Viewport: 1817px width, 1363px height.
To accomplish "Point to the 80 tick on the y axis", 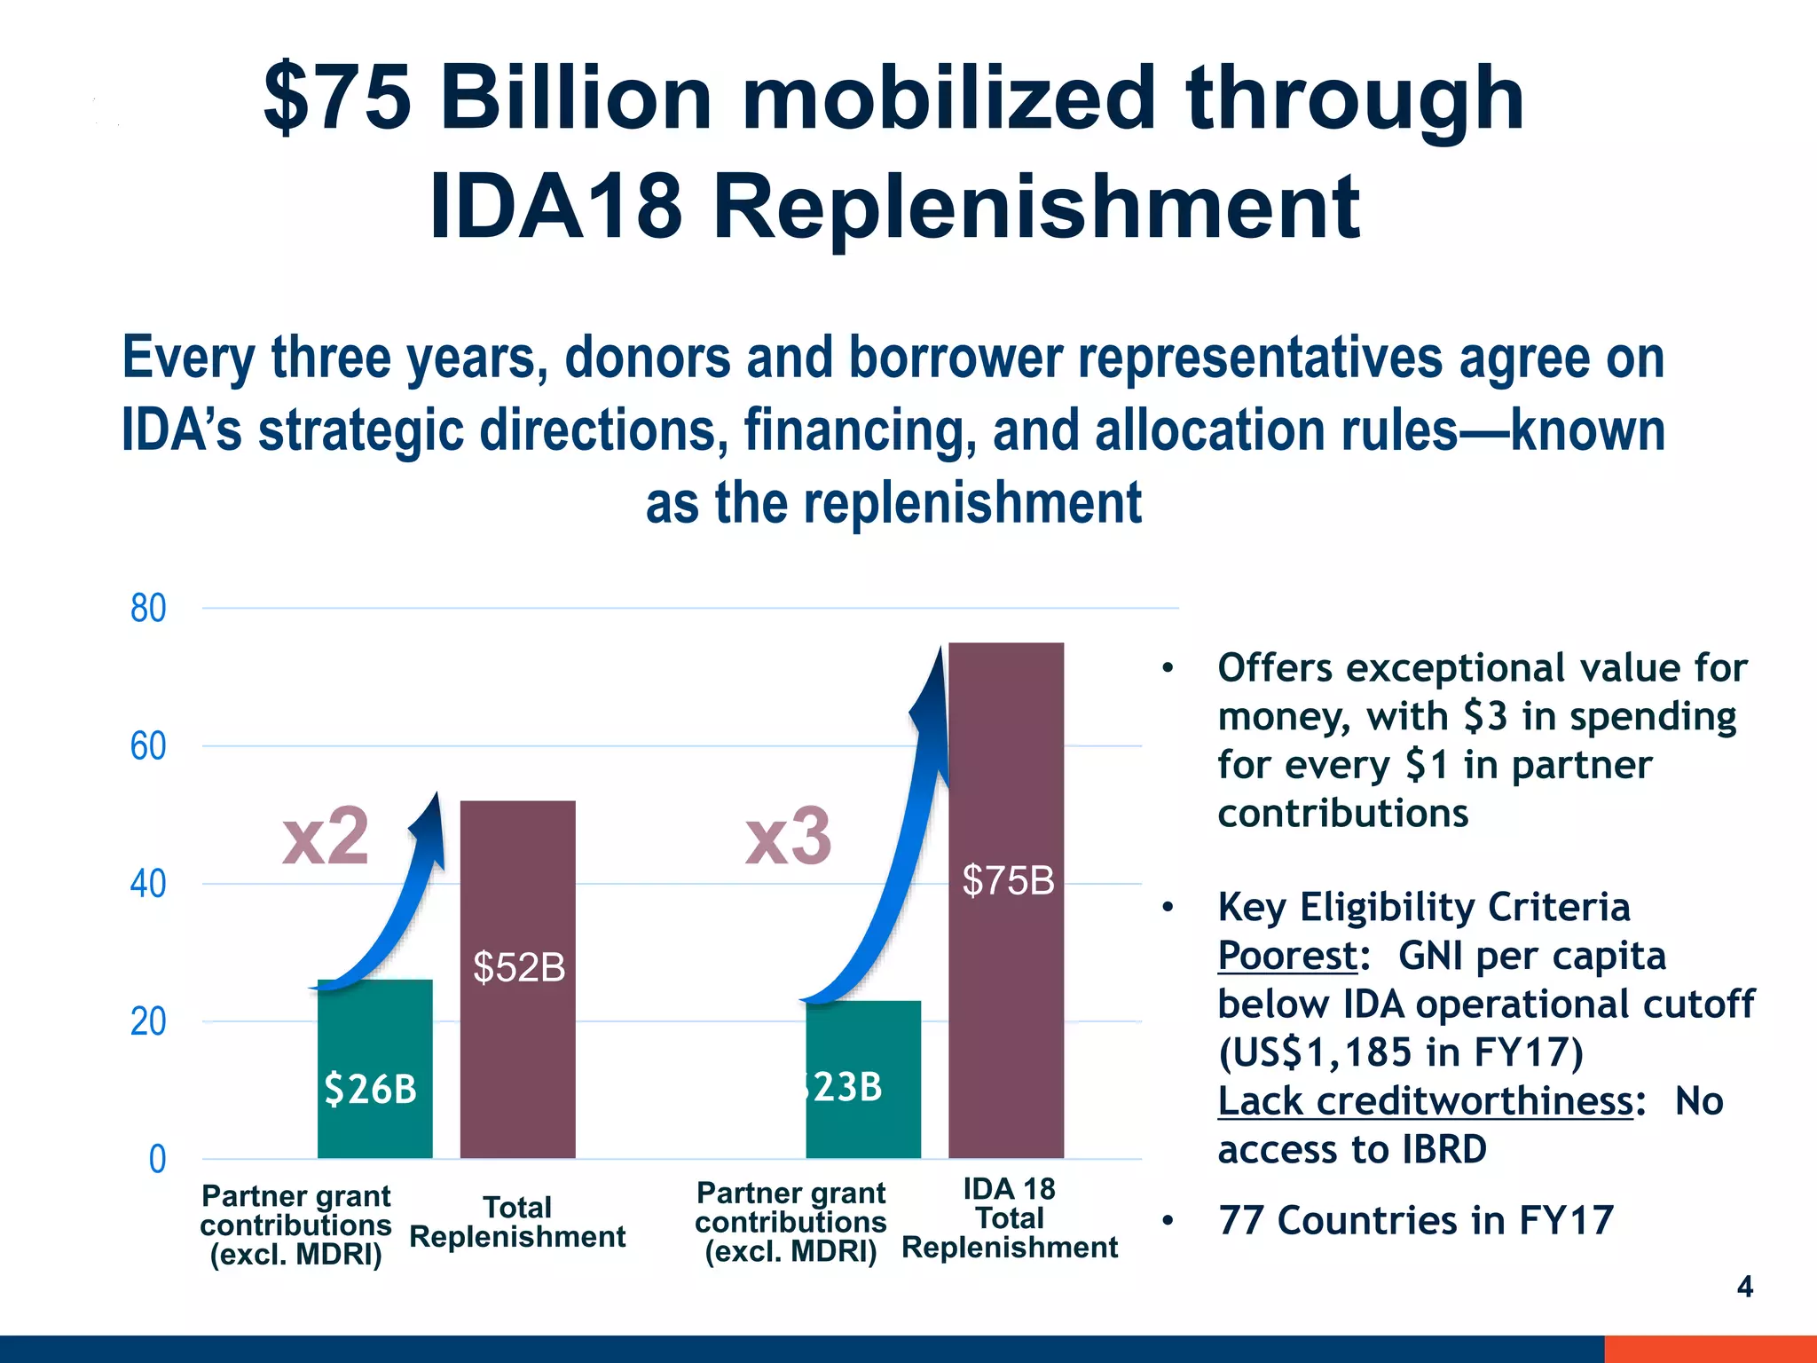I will tap(148, 609).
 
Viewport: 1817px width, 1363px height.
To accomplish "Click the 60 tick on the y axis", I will tap(148, 746).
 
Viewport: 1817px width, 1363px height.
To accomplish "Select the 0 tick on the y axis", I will tap(157, 1159).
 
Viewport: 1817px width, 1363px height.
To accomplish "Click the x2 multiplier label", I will tap(325, 836).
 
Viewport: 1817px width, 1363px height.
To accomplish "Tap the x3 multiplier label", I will tap(788, 836).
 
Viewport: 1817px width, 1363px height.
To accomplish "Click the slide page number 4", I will tap(1744, 1287).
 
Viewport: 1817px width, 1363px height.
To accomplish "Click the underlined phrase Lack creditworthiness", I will tap(1425, 1101).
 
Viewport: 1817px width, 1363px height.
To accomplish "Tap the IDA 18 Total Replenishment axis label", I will tap(1010, 1218).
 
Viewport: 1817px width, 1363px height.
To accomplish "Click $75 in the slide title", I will tap(338, 97).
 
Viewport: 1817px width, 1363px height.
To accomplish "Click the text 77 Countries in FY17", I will tap(1415, 1220).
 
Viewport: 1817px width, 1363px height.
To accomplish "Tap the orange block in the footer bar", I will tap(1710, 1349).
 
